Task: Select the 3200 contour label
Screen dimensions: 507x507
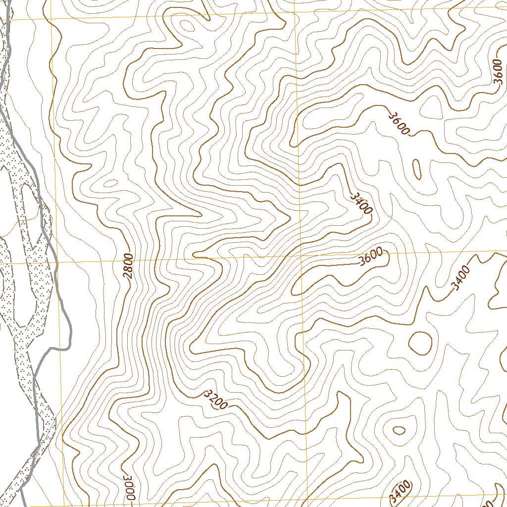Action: pyautogui.click(x=216, y=400)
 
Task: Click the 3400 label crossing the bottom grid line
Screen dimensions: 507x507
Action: pyautogui.click(x=400, y=491)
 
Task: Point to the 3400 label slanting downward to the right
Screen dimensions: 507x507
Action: pyautogui.click(x=360, y=203)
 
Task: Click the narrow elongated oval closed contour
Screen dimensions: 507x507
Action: pyautogui.click(x=417, y=169)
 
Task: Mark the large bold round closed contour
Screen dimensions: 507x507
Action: pyautogui.click(x=420, y=343)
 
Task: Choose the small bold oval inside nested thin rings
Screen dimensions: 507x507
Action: pyautogui.click(x=399, y=430)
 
